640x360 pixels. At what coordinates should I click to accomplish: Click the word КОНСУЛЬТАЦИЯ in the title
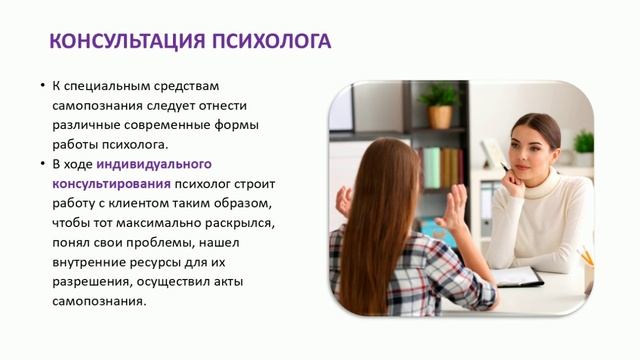point(121,41)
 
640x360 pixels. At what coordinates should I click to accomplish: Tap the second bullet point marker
point(42,163)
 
